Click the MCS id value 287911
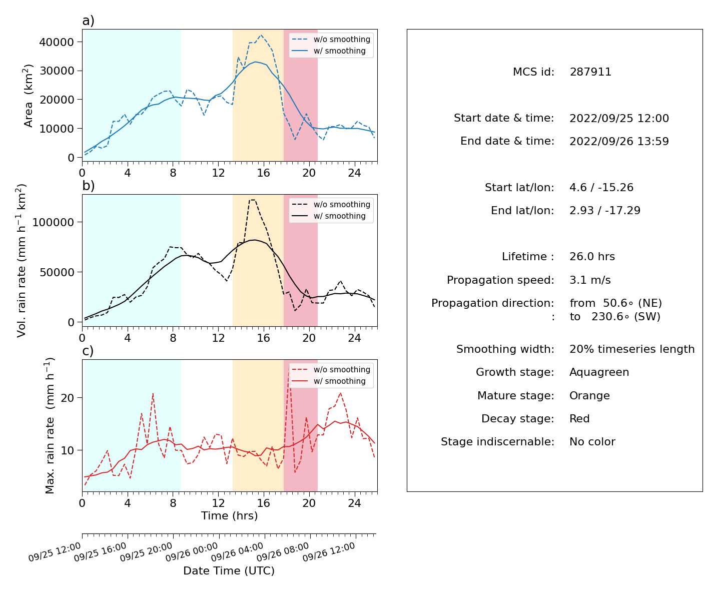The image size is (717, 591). pos(590,72)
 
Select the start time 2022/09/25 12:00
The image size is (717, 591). pos(619,118)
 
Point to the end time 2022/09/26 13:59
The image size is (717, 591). pos(619,141)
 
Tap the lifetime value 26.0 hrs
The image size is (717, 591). pos(592,257)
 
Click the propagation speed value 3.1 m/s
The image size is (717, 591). pos(590,280)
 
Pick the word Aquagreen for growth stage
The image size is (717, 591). pos(599,372)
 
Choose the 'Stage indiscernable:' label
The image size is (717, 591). pos(497,441)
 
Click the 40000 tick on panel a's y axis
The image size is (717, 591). pos(57,42)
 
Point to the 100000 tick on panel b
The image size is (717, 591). pos(53,222)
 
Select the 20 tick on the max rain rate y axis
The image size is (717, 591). pos(68,398)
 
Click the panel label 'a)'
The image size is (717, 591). pos(88,21)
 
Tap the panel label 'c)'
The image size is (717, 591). pos(88,351)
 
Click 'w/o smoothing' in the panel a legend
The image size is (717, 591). pos(342,39)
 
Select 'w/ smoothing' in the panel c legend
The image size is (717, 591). pos(340,381)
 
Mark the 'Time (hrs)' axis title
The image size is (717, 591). pos(229,515)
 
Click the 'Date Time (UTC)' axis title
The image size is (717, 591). pos(229,570)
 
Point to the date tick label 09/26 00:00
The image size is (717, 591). pos(191,552)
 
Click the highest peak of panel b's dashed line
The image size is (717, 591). pos(253,200)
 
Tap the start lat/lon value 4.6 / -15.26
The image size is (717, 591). pos(601,188)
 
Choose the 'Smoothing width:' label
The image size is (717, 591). pos(505,349)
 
